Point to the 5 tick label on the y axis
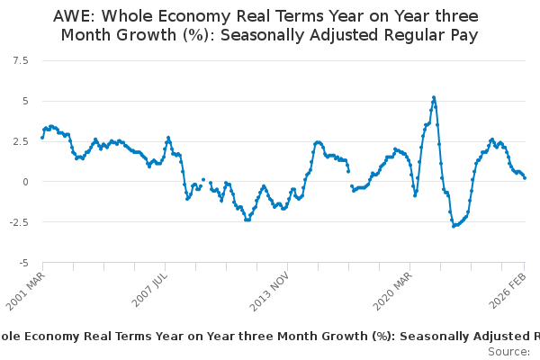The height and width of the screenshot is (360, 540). click(24, 100)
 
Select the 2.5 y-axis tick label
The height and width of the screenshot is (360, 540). click(21, 140)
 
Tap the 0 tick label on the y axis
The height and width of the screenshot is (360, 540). click(24, 182)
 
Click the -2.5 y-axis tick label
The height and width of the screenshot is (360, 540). click(19, 222)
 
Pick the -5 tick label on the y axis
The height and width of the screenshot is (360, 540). click(22, 263)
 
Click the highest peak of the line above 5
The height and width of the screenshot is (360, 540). click(434, 97)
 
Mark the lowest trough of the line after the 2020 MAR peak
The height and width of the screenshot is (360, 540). click(454, 225)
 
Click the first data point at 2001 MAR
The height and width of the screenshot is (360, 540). click(42, 138)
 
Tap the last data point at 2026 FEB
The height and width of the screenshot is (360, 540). click(525, 177)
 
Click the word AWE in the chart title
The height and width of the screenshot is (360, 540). click(73, 17)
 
